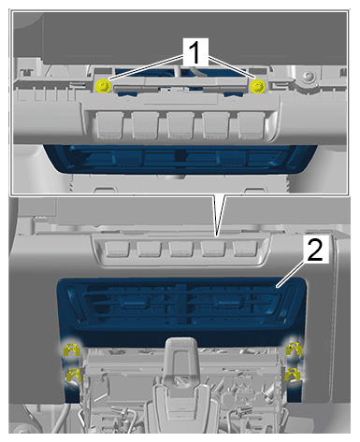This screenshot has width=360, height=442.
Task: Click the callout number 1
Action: tap(194, 52)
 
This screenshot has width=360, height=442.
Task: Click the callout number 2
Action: tap(315, 250)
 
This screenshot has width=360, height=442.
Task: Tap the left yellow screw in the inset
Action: tap(103, 86)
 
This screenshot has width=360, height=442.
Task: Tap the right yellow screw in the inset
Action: tap(258, 86)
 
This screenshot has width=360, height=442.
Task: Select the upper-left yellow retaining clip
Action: tap(72, 349)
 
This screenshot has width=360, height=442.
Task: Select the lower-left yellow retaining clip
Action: tap(73, 375)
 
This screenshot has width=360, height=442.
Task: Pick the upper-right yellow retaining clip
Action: tap(295, 349)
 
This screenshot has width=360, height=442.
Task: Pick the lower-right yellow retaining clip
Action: tap(293, 375)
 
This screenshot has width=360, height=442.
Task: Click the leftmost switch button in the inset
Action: tap(109, 125)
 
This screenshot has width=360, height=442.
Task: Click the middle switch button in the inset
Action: tap(180, 125)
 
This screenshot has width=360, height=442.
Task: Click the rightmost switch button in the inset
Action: tap(251, 125)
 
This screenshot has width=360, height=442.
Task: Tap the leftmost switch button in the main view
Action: tap(117, 249)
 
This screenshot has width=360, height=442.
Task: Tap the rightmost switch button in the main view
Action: tap(245, 249)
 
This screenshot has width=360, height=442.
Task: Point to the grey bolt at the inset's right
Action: tap(309, 77)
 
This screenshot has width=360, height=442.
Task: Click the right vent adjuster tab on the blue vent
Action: tap(229, 302)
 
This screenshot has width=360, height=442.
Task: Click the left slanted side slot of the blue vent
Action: tap(76, 304)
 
